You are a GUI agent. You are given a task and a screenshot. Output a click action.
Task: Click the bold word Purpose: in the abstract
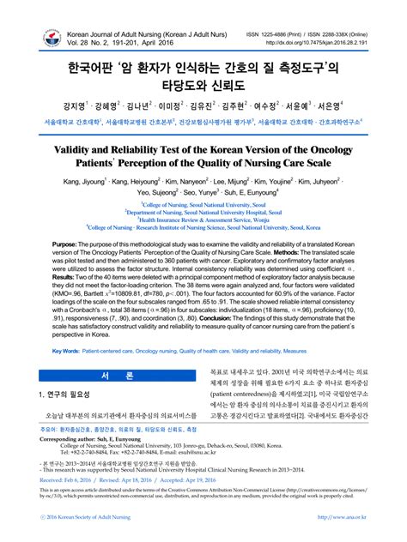(x=70, y=245)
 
